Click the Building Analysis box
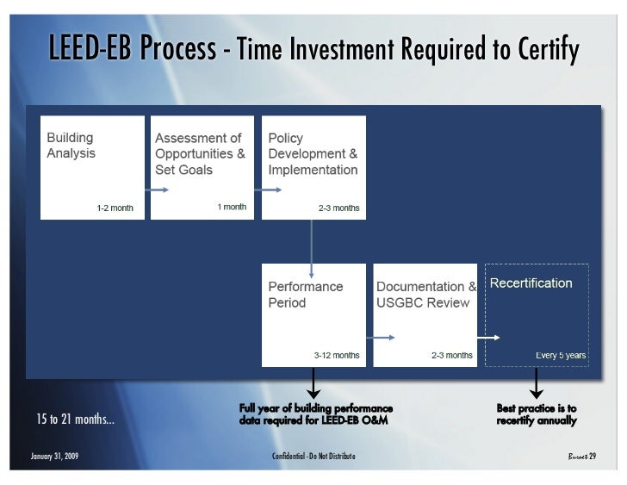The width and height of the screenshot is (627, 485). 92,167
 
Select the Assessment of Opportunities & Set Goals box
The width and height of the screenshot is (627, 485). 202,167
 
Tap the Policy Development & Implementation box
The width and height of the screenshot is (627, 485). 313,167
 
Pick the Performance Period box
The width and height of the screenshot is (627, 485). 313,314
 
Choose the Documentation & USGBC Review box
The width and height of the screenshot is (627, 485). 425,314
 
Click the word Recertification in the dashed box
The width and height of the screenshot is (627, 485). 531,283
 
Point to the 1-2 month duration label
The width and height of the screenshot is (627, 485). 115,208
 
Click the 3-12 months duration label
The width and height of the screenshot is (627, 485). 336,355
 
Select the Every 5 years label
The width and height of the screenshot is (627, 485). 561,355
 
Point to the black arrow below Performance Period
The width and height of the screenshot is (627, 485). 314,384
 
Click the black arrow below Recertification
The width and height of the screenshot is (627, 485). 536,384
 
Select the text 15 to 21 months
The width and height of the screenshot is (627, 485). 75,420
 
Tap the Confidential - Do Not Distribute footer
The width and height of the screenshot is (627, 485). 313,456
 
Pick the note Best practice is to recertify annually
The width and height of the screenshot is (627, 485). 537,414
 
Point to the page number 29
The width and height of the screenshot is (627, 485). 593,456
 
